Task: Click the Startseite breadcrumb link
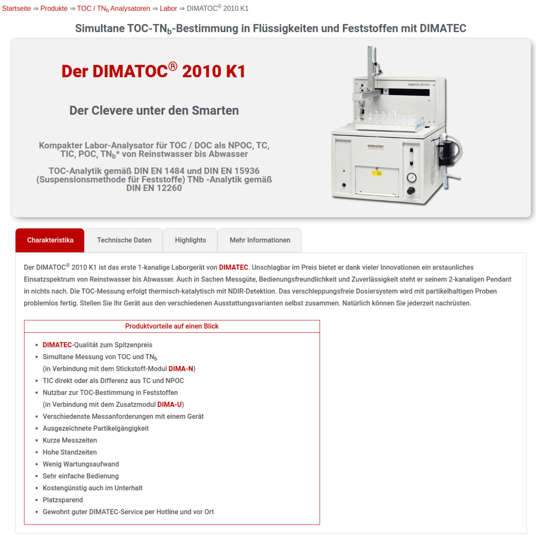(x=16, y=9)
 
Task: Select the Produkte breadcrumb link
(x=54, y=9)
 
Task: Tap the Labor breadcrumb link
(x=168, y=9)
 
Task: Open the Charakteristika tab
(x=50, y=240)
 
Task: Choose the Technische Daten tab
(x=124, y=240)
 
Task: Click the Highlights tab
(x=190, y=240)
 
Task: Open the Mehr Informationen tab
(x=260, y=240)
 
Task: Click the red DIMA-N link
(x=181, y=369)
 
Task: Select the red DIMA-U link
(x=169, y=404)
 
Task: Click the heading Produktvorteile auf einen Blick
(x=172, y=326)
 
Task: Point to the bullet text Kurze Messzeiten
(x=70, y=440)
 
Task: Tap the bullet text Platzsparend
(x=62, y=500)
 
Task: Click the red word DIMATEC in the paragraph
(x=233, y=267)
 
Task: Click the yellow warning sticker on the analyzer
(x=377, y=173)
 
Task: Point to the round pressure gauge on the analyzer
(x=411, y=178)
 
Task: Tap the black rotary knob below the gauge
(x=411, y=191)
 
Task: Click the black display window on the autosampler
(x=409, y=92)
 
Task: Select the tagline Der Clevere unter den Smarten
(x=154, y=110)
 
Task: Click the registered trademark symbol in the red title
(x=173, y=66)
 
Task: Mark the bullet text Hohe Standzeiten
(x=70, y=452)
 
